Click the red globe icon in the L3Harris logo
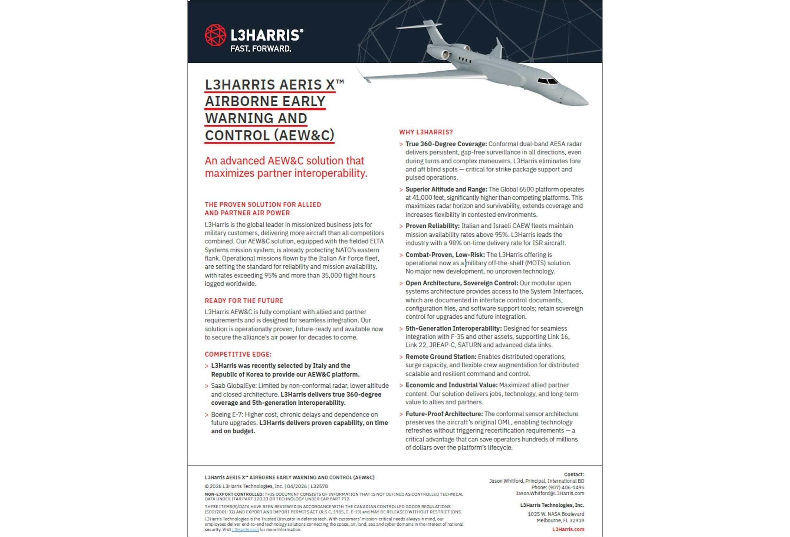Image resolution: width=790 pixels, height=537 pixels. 215,35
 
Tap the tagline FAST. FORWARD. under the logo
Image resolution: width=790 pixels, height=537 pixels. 260,49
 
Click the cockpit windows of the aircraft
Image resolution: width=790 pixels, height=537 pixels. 547,81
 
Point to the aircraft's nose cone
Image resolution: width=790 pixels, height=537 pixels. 578,99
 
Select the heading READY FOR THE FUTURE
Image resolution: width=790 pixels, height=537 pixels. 244,301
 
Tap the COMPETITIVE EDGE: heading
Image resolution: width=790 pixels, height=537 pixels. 238,354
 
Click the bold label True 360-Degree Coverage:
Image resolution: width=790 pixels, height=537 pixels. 446,144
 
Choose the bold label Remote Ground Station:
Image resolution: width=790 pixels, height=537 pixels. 441,357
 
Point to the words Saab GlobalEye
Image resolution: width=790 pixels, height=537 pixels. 233,386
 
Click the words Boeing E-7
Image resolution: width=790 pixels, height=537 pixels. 226,415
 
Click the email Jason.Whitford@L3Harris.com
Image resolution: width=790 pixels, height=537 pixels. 550,493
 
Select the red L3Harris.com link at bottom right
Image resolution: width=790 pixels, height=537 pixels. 568,529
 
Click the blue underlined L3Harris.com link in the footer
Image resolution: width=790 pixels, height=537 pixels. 245,529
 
